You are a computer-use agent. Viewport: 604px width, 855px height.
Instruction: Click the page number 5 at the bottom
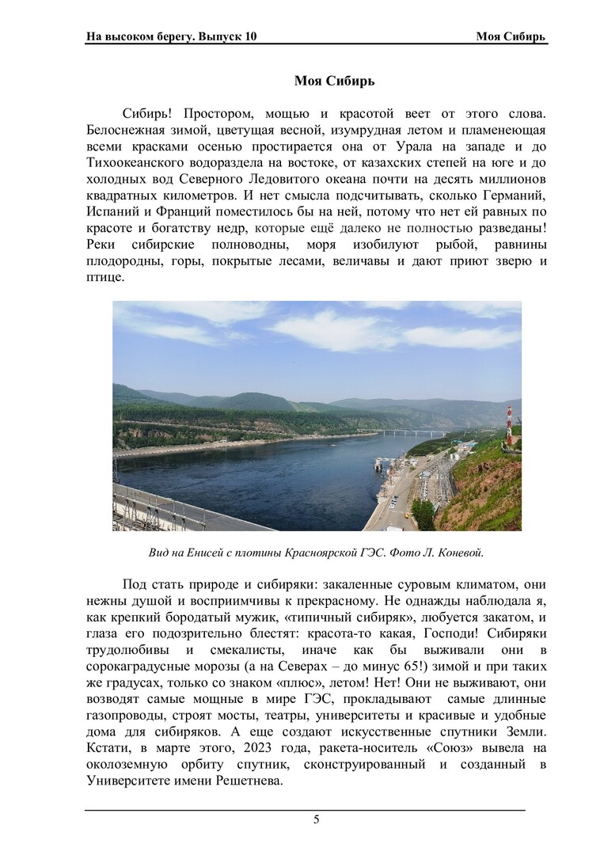(316, 820)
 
